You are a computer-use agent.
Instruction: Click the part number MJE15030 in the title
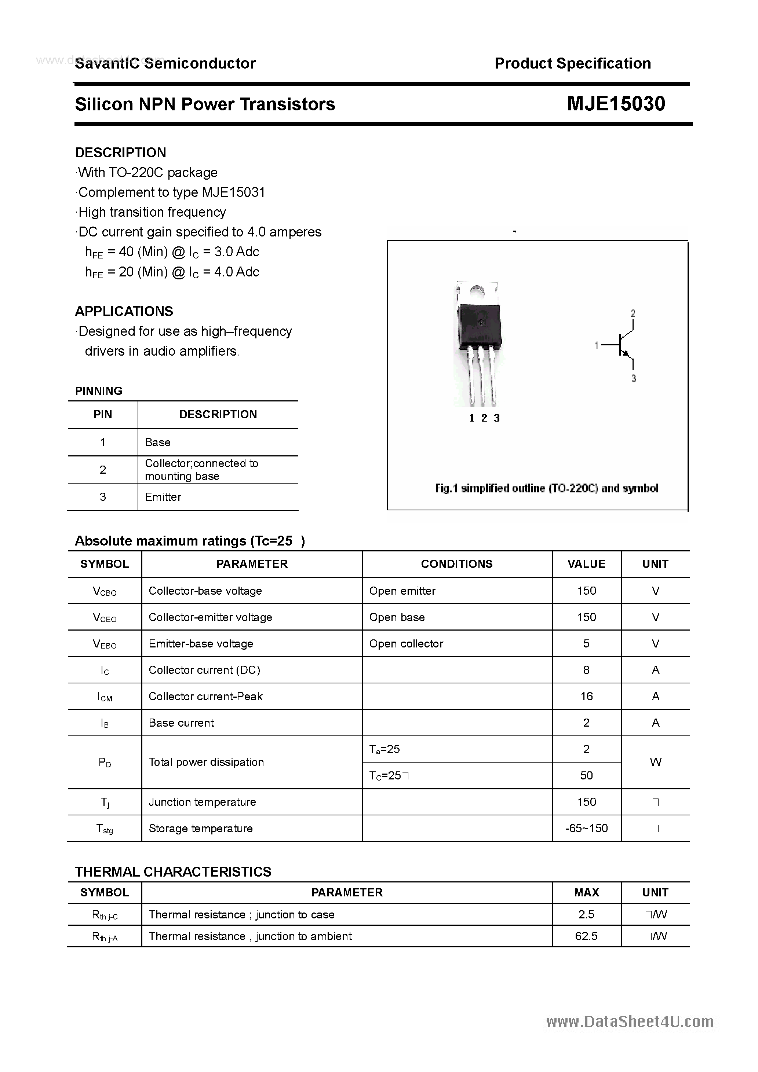[616, 104]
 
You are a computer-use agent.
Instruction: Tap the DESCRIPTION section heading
[121, 153]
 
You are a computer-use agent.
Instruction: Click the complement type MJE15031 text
[233, 192]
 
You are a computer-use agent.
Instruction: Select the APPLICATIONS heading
[124, 311]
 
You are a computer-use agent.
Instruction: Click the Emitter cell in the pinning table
[163, 497]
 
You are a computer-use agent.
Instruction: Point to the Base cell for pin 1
[158, 442]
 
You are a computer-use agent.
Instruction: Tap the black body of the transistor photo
[479, 324]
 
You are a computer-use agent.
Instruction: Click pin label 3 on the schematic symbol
[634, 378]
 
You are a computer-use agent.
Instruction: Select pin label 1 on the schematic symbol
[596, 345]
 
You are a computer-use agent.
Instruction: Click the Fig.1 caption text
[546, 488]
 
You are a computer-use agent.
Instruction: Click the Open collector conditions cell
[406, 643]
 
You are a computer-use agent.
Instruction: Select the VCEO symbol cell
[105, 618]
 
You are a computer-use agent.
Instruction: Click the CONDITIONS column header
[456, 564]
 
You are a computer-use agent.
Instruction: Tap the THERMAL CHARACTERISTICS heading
[173, 872]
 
